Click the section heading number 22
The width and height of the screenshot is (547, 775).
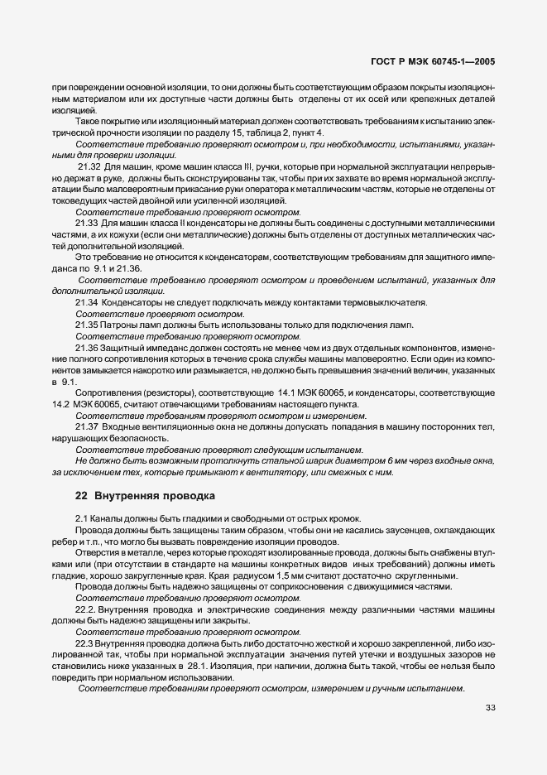pos(80,496)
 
